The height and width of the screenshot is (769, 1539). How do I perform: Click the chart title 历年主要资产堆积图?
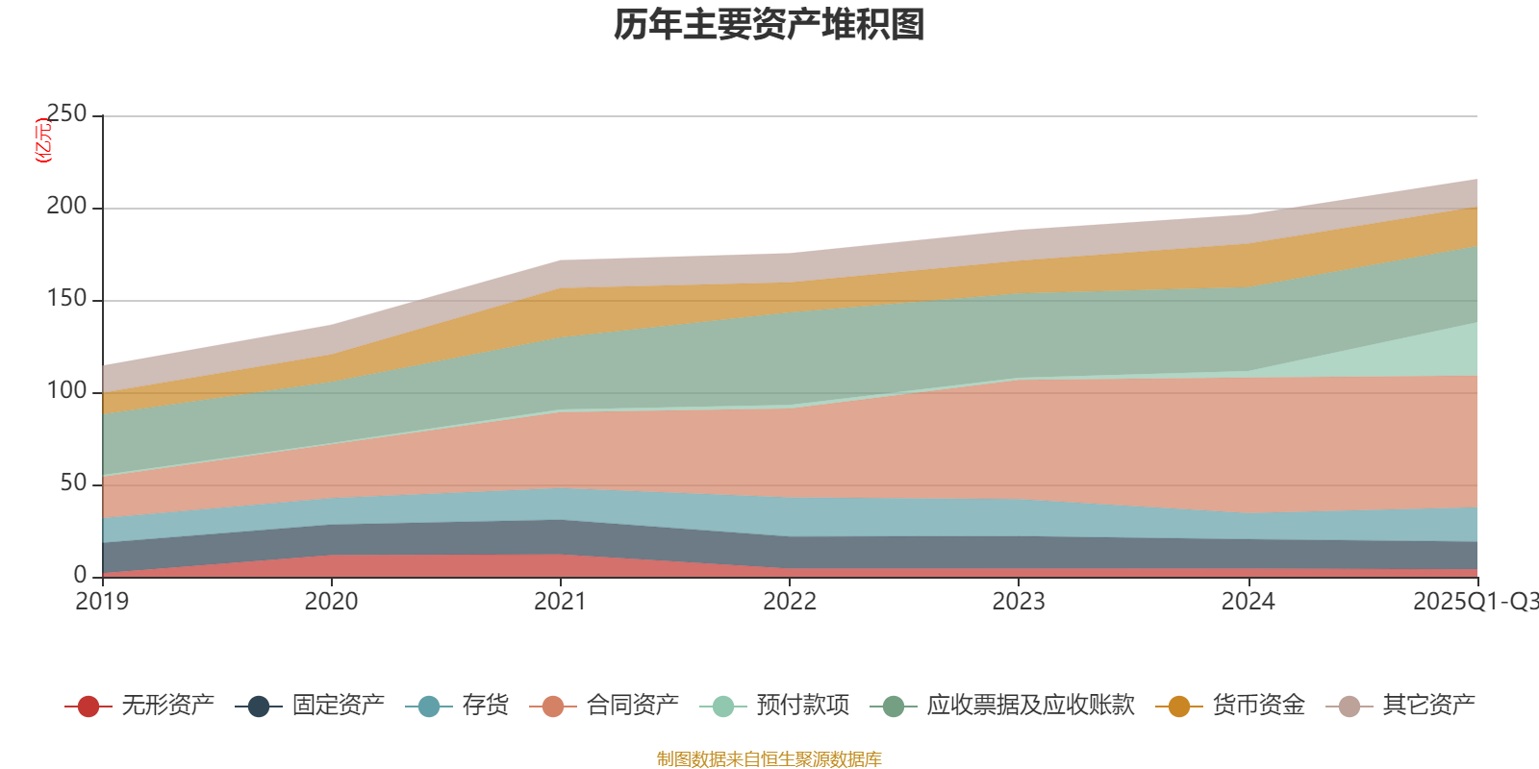pyautogui.click(x=769, y=25)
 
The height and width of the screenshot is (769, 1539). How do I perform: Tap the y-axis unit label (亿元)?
pyautogui.click(x=43, y=140)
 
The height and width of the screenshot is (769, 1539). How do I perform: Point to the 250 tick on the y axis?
pyautogui.click(x=66, y=114)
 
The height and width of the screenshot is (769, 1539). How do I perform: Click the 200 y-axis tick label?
pyautogui.click(x=66, y=207)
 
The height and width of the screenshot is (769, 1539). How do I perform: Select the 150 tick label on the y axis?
pyautogui.click(x=66, y=299)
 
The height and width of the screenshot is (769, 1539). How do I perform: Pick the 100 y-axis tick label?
pyautogui.click(x=66, y=391)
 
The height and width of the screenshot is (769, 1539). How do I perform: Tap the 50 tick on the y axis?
pyautogui.click(x=73, y=484)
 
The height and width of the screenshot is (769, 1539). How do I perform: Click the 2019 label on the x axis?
pyautogui.click(x=103, y=602)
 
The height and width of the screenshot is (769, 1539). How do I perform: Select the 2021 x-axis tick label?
pyautogui.click(x=561, y=602)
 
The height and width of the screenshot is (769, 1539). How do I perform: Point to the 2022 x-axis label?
pyautogui.click(x=790, y=602)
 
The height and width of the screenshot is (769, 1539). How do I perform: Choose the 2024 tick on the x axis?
pyautogui.click(x=1248, y=602)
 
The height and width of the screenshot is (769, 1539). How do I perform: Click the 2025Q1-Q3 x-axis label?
pyautogui.click(x=1475, y=602)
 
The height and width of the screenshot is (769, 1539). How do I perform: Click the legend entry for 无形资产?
pyautogui.click(x=140, y=707)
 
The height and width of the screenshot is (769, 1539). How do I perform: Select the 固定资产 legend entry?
pyautogui.click(x=311, y=707)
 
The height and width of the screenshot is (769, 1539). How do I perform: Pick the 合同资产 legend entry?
pyautogui.click(x=605, y=707)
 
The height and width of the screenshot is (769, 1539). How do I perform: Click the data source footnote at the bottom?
pyautogui.click(x=769, y=759)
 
